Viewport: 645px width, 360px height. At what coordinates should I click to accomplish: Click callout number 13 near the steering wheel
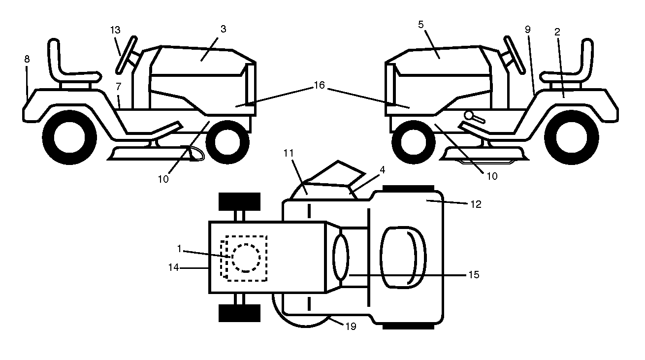pyautogui.click(x=116, y=30)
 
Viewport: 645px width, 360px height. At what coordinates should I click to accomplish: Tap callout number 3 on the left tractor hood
pyautogui.click(x=224, y=29)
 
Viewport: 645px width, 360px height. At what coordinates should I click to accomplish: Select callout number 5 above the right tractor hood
pyautogui.click(x=421, y=25)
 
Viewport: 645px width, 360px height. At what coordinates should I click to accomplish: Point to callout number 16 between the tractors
pyautogui.click(x=320, y=85)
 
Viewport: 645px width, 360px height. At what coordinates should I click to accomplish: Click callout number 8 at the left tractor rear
pyautogui.click(x=27, y=59)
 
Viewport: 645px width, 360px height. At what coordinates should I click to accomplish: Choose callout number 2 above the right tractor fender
pyautogui.click(x=557, y=32)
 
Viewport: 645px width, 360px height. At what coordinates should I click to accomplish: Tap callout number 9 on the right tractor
pyautogui.click(x=527, y=30)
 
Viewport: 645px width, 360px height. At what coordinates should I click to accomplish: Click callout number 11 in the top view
pyautogui.click(x=289, y=153)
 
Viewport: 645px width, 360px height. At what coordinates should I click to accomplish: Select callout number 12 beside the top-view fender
pyautogui.click(x=476, y=204)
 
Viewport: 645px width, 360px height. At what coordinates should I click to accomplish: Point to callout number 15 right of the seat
pyautogui.click(x=474, y=275)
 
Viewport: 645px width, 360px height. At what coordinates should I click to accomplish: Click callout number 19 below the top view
pyautogui.click(x=351, y=327)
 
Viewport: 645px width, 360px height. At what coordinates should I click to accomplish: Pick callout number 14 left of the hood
pyautogui.click(x=174, y=268)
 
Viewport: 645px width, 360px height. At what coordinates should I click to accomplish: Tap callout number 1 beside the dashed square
pyautogui.click(x=179, y=249)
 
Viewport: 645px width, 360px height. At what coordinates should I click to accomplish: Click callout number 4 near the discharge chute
pyautogui.click(x=383, y=170)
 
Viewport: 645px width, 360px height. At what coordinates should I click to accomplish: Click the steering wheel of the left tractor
pyautogui.click(x=127, y=55)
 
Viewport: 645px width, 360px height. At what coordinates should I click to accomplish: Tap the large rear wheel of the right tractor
pyautogui.click(x=572, y=137)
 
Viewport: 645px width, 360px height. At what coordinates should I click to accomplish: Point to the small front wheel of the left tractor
pyautogui.click(x=227, y=142)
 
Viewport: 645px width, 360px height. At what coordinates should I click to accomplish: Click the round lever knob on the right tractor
pyautogui.click(x=469, y=115)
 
